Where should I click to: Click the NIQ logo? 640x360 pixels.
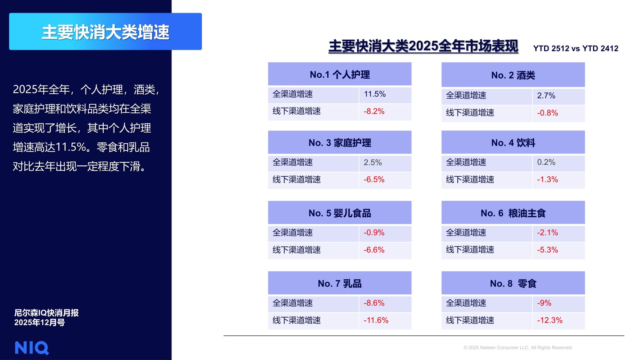32,348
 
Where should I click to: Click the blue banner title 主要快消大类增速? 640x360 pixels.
106,32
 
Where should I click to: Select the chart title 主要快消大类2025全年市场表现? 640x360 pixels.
423,46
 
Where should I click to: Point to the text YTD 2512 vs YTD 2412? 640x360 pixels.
575,48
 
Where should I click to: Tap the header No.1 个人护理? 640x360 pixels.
340,75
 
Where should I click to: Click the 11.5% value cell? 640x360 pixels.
375,94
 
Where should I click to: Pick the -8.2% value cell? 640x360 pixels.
374,111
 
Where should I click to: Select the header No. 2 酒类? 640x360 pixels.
513,75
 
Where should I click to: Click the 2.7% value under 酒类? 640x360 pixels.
546,96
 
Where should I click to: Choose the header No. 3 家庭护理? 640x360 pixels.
340,143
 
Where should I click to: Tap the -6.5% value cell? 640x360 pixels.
374,180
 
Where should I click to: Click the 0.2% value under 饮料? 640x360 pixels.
546,162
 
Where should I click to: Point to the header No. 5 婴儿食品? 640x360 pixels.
340,213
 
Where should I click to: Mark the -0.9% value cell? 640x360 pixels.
374,233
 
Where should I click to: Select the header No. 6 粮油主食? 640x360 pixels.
513,213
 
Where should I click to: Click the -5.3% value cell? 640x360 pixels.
547,250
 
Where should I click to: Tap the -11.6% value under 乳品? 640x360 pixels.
376,320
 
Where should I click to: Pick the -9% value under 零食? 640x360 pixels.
544,303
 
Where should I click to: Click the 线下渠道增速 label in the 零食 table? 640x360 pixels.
470,320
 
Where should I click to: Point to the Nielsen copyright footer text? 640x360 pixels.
518,348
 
